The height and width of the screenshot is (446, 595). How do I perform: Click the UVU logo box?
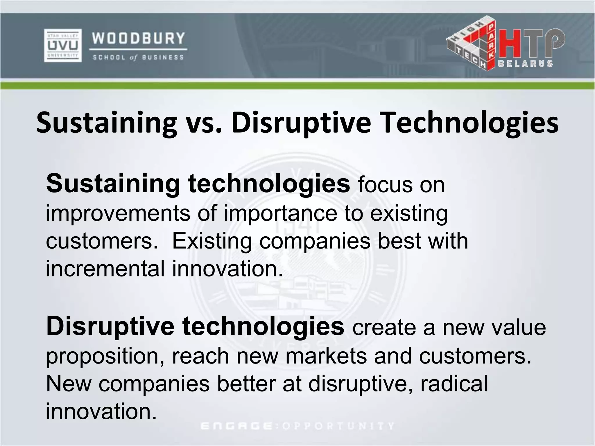pyautogui.click(x=63, y=45)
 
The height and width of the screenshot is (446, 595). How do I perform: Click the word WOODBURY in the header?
pyautogui.click(x=138, y=38)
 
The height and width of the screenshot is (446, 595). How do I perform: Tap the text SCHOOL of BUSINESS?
pyautogui.click(x=138, y=57)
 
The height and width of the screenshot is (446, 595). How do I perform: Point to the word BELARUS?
pyautogui.click(x=526, y=64)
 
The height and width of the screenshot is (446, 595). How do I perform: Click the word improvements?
pyautogui.click(x=118, y=213)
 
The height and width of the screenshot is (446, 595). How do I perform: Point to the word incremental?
pyautogui.click(x=105, y=268)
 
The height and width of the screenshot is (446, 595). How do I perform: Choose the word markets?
pyautogui.click(x=326, y=356)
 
